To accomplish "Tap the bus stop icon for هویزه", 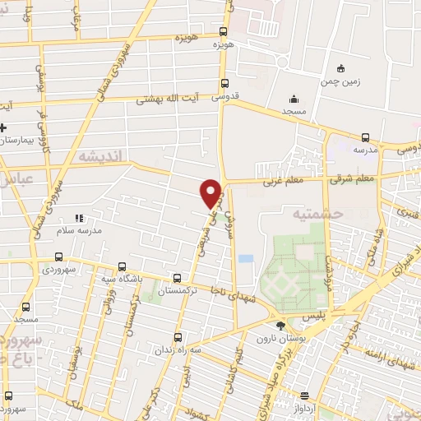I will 224,33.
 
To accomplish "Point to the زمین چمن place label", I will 341,81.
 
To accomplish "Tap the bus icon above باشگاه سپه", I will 122,266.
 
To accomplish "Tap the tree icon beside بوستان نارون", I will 281,326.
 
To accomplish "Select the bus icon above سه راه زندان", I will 179,336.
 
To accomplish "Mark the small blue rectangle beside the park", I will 245,258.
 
